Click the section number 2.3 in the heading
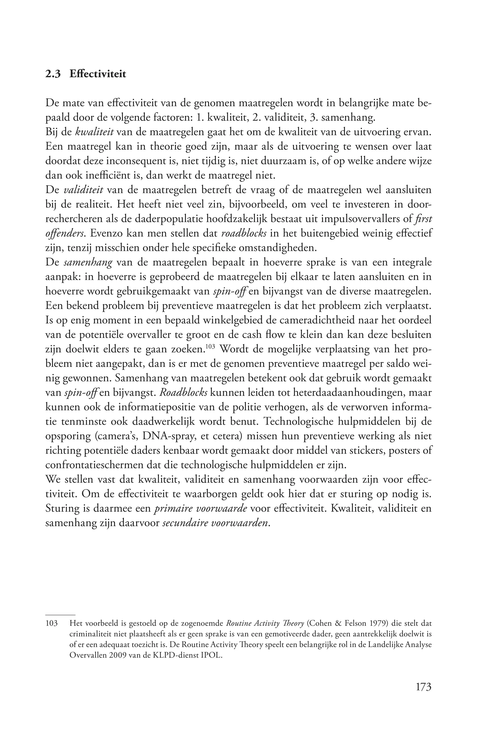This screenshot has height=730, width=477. click(53, 74)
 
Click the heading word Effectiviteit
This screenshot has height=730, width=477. click(98, 74)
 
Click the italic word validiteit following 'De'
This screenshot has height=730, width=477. click(83, 190)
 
